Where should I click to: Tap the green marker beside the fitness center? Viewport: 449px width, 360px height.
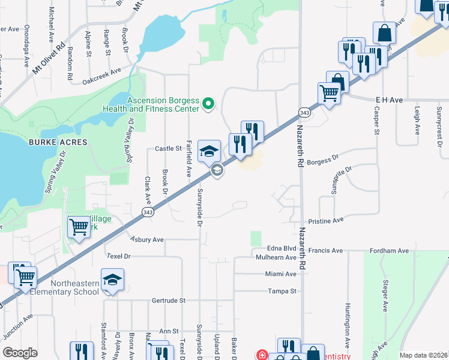tap(209, 104)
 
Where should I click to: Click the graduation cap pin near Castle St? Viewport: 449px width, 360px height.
tap(209, 151)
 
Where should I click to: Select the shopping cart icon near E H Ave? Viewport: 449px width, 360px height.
tap(329, 93)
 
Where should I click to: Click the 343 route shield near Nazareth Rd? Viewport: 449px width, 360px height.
tap(304, 113)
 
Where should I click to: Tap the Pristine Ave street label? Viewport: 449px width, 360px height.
tap(325, 221)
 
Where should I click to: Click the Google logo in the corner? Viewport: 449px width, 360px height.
tap(20, 353)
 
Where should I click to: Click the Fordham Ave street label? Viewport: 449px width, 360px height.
tap(389, 250)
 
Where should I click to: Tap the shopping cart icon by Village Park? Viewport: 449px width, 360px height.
tap(79, 227)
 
